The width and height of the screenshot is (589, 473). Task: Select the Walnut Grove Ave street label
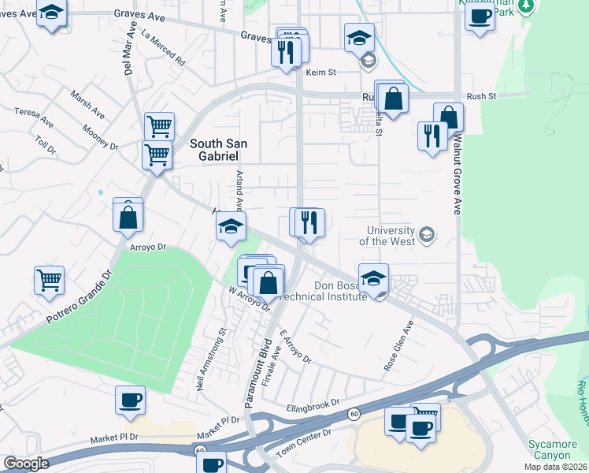[x=456, y=176]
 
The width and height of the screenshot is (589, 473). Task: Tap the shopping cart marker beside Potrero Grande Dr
[x=49, y=280]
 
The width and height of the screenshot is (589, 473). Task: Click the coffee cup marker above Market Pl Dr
[x=130, y=399]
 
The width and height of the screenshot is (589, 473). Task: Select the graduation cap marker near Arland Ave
[x=231, y=226]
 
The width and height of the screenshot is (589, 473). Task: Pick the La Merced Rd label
[x=163, y=47]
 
